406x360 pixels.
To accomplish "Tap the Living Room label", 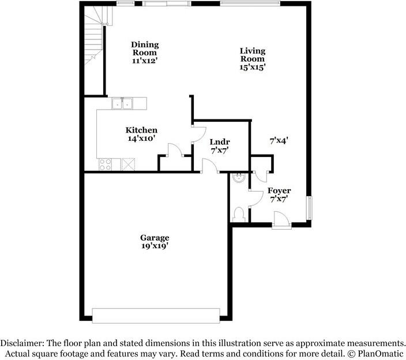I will [x=253, y=54].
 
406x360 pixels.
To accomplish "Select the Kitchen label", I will [x=141, y=130].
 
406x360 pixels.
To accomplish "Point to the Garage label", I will [x=155, y=238].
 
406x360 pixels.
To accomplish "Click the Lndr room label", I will [x=219, y=142].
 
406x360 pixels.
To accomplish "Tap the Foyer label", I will [x=279, y=191].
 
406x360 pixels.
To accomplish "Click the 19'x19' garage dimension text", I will [x=155, y=246].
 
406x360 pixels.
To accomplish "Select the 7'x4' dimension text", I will [x=279, y=140].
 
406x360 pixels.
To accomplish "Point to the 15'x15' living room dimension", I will [x=253, y=67].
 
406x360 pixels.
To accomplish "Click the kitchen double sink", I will [x=122, y=104].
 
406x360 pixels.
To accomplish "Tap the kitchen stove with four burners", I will [x=106, y=164].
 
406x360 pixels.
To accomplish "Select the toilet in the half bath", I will [x=240, y=214].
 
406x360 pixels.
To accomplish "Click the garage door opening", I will [x=156, y=315].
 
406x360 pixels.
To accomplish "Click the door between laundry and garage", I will [x=209, y=167].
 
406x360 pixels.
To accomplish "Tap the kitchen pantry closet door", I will [x=174, y=151].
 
